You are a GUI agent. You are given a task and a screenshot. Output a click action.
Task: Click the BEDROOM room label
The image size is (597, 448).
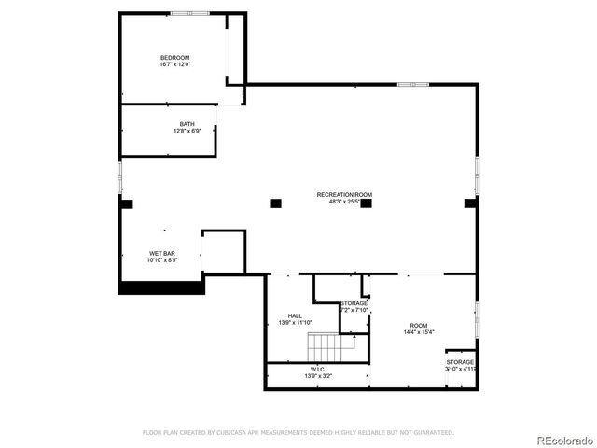coord(174,58)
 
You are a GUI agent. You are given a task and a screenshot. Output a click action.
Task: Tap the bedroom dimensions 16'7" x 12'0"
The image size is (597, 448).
coord(174,64)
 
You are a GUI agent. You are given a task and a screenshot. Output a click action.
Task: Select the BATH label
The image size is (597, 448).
coord(187,124)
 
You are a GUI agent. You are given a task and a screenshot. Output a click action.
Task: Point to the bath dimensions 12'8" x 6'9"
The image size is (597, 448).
coord(187,131)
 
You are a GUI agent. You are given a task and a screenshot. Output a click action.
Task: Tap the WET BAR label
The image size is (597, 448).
coord(161,254)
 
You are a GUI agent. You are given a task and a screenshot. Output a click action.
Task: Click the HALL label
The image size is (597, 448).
coord(295,316)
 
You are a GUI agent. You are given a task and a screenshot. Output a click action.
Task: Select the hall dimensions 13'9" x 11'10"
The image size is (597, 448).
coord(295,323)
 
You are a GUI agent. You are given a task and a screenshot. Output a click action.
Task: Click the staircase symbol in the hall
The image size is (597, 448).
coord(333,348)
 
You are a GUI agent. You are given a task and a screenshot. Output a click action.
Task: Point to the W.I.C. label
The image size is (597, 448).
coord(318,370)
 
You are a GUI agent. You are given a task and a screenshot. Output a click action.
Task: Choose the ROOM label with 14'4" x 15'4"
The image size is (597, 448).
coord(418,326)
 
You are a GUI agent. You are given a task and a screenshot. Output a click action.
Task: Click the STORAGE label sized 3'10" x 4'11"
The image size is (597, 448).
coord(460,362)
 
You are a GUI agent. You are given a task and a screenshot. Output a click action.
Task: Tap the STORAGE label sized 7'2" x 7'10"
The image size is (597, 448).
coord(354,303)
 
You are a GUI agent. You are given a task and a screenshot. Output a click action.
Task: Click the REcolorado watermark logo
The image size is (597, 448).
coord(562,439)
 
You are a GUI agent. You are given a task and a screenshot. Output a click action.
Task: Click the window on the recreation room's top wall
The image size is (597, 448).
coord(412,85)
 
